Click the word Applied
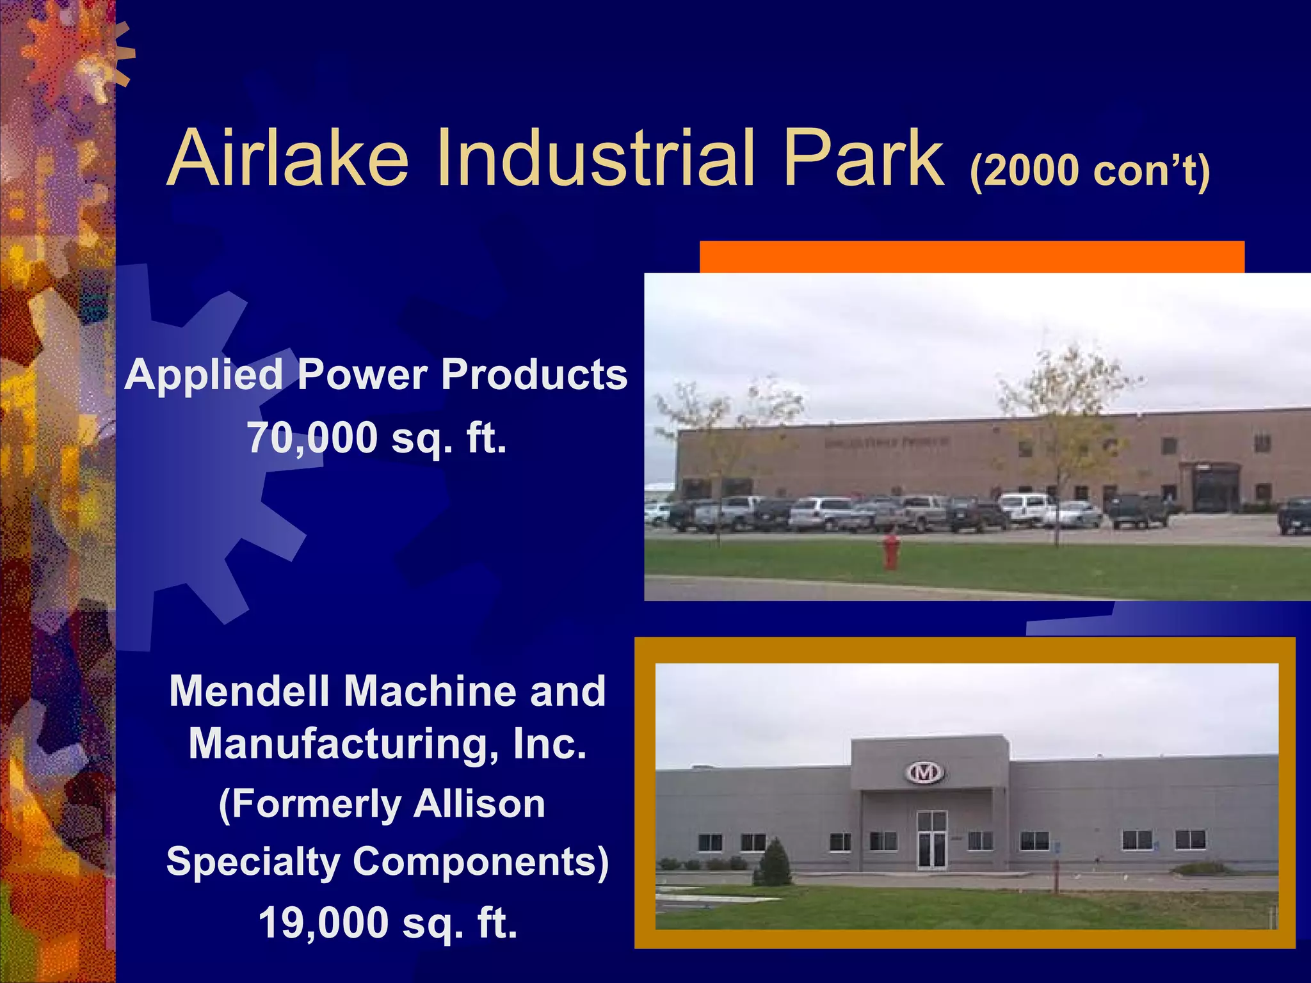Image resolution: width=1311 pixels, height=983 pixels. pos(204,374)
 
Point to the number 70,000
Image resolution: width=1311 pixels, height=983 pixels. pos(312,438)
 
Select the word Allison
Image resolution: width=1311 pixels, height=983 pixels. pos(479,804)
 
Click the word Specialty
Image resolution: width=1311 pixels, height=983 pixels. pos(253,861)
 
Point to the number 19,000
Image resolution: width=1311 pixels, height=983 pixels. pos(324,923)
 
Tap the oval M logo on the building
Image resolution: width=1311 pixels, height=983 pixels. pos(924,773)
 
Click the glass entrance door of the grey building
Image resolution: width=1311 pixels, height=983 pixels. pos(931,840)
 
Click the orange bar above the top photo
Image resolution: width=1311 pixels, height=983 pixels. pos(972,257)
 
